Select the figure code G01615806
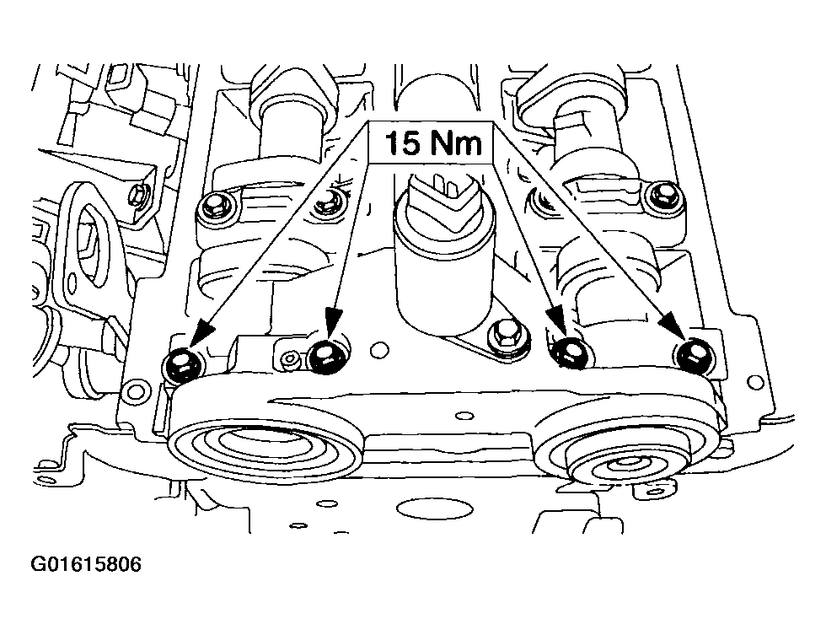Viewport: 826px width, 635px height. (86, 563)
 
